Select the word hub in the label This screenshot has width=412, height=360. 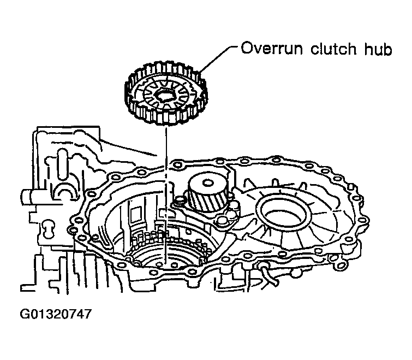tap(379, 50)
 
